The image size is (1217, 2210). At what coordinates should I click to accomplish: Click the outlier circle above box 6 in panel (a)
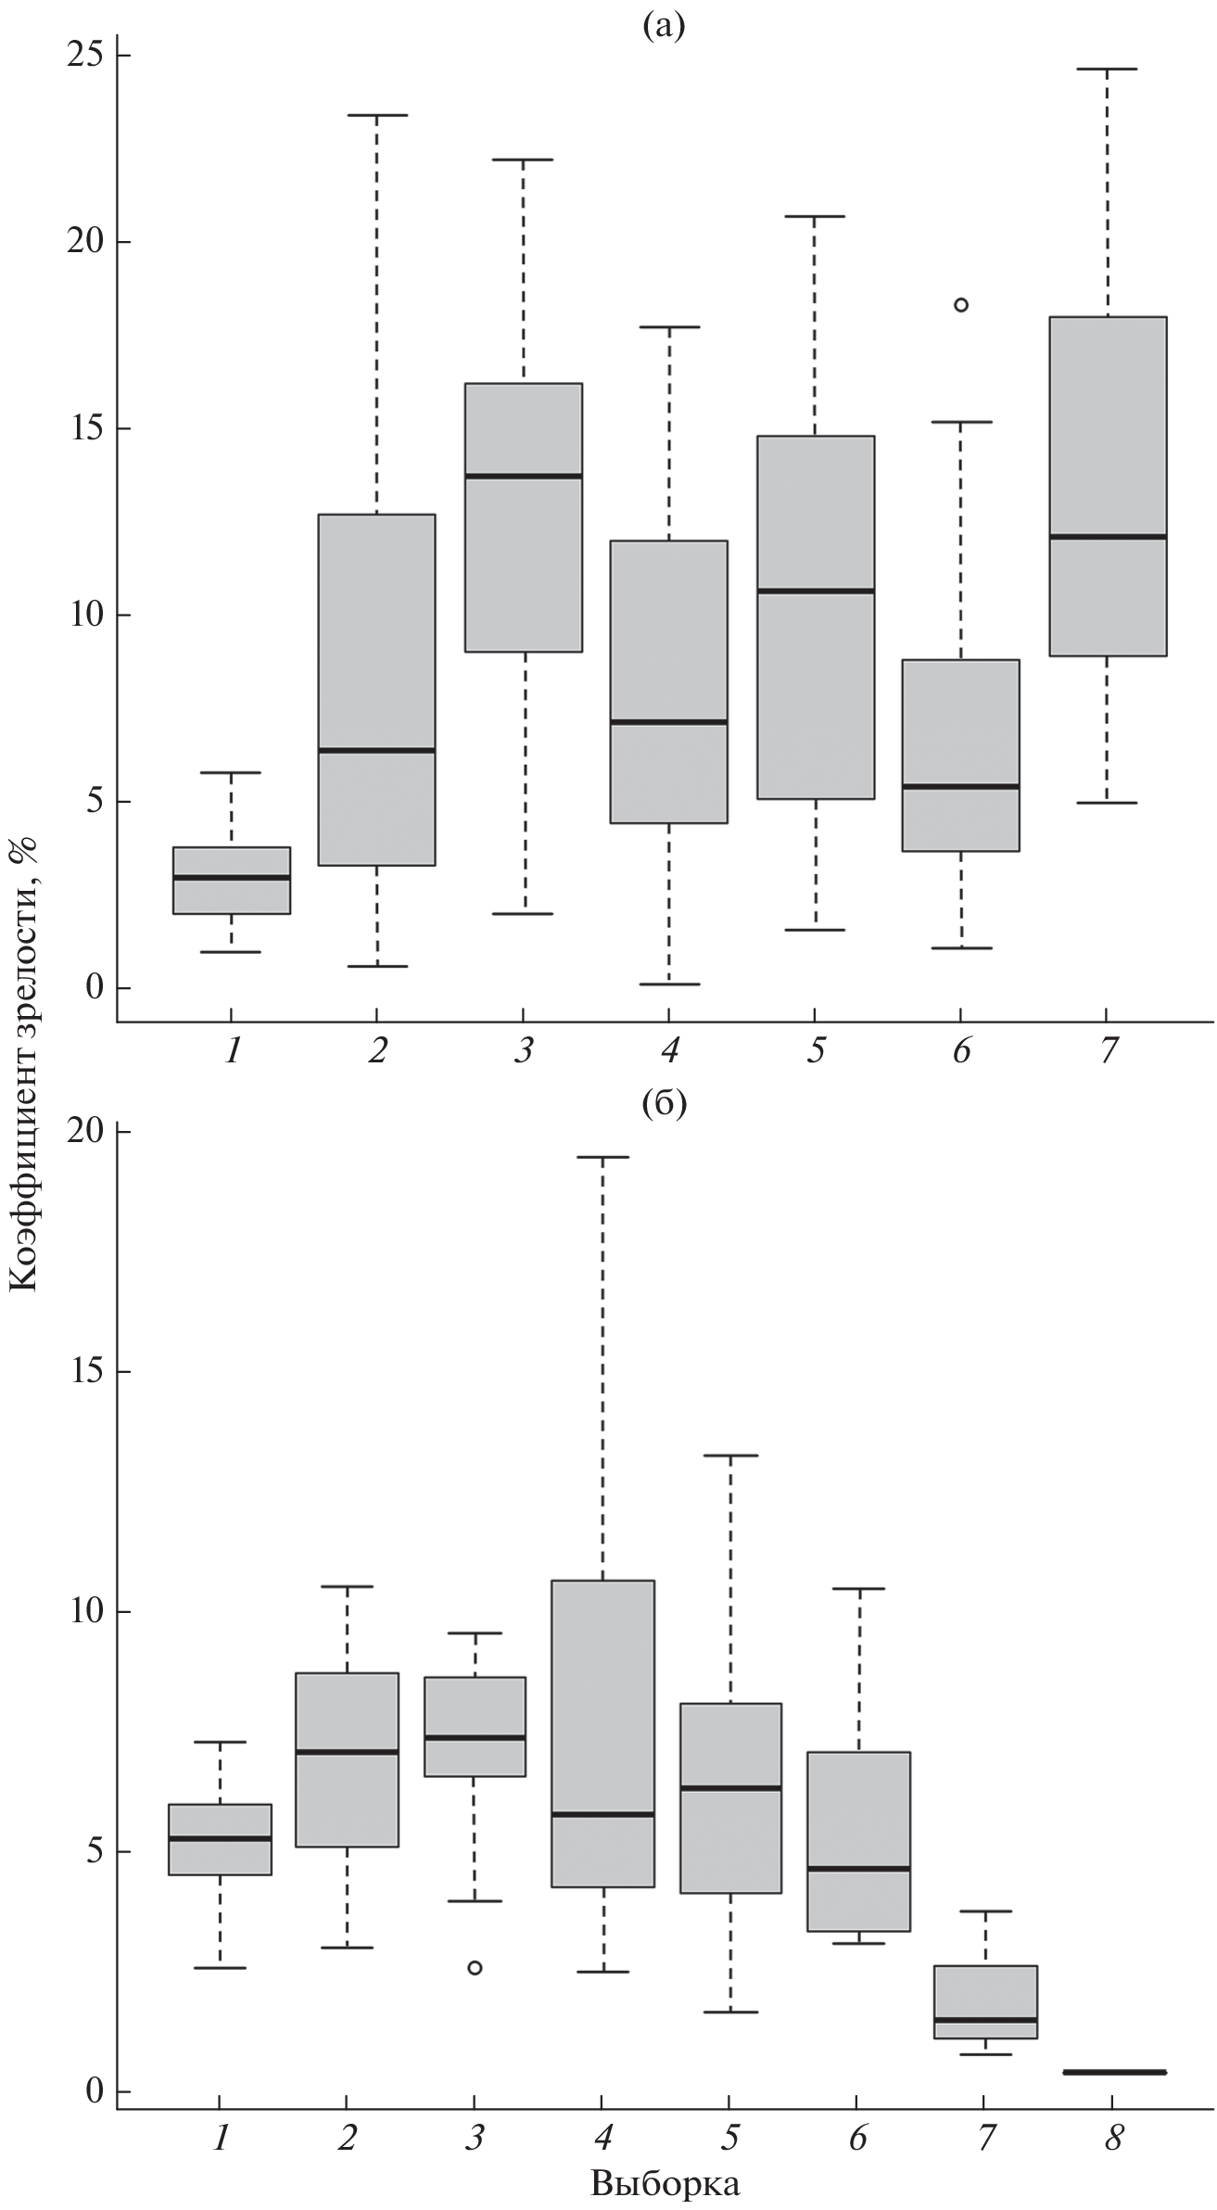961,304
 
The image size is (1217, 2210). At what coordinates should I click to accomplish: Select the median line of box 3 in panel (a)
523,476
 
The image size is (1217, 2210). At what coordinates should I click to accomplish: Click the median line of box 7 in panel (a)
1108,536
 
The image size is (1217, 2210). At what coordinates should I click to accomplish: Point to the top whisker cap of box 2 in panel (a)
377,115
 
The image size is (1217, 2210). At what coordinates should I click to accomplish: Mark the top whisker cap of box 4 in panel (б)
602,1157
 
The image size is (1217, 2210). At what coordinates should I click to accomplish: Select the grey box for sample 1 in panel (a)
232,881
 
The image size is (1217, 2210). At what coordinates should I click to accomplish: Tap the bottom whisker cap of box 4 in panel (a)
669,984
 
